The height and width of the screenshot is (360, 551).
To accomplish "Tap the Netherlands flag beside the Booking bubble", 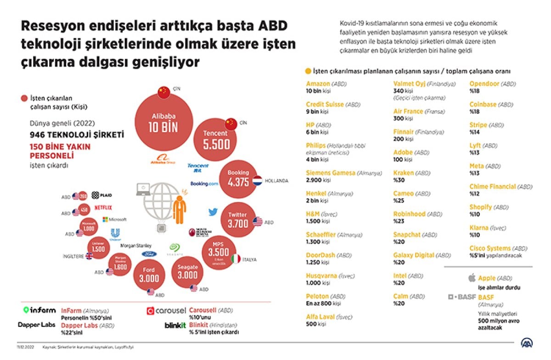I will (257, 181).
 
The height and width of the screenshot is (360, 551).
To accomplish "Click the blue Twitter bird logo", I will (213, 212).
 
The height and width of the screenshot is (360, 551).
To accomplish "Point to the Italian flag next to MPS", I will (236, 259).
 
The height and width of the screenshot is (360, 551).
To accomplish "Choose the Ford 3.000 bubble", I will (150, 274).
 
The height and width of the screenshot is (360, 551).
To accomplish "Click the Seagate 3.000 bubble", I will (188, 272).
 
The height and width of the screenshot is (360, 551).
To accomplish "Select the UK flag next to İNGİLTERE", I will (89, 255).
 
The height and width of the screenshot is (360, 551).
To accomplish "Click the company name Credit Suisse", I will (325, 104).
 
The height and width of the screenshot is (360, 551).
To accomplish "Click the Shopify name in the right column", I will (480, 207).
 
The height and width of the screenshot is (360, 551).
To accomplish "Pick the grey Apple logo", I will (471, 278).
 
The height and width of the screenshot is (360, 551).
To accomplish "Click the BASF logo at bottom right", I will (462, 297).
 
